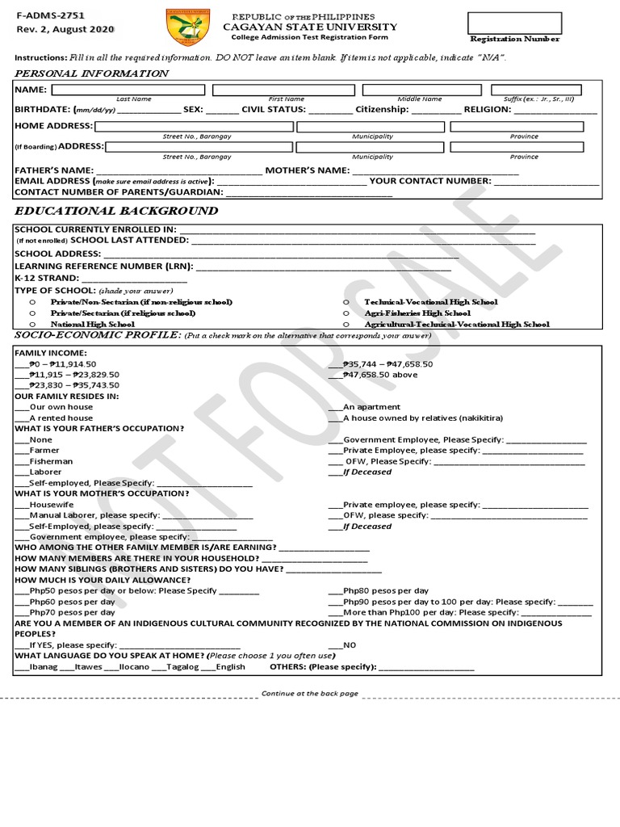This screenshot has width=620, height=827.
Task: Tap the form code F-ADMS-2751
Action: click(50, 15)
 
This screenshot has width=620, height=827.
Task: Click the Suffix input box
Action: click(536, 89)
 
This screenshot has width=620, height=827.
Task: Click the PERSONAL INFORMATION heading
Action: click(92, 73)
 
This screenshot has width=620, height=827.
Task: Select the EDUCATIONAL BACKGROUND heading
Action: click(116, 211)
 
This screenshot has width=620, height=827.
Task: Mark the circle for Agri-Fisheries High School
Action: click(346, 313)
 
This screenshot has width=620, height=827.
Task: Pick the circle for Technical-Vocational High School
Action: click(346, 302)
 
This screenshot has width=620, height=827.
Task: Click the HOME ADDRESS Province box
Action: click(517, 127)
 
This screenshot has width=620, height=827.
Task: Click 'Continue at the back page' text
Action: click(309, 694)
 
